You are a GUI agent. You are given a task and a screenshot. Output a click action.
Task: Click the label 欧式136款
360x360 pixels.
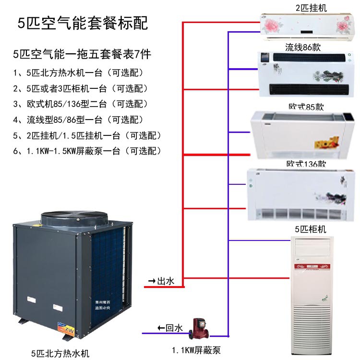coord(306,164)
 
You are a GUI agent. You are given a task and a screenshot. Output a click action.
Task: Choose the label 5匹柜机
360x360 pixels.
coord(310,229)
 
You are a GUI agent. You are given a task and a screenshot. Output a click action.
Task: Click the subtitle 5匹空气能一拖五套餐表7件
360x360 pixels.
coord(83,54)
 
